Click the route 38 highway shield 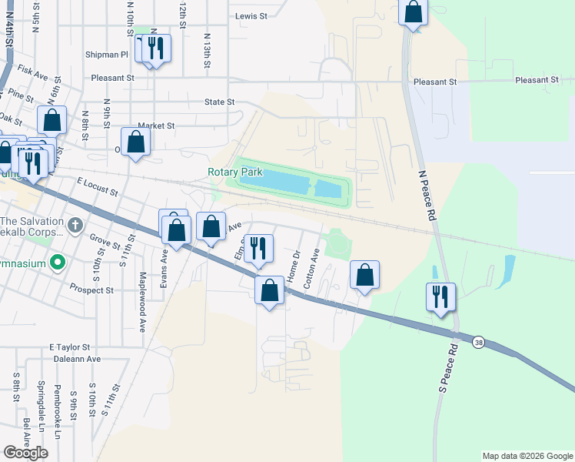478,342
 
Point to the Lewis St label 251,15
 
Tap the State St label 219,102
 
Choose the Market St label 156,126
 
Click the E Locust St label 97,186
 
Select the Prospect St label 91,290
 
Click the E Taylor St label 70,347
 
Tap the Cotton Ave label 311,269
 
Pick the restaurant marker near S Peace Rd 441,296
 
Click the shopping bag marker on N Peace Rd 414,12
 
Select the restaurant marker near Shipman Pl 156,48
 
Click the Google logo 25,453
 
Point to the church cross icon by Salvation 75,226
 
